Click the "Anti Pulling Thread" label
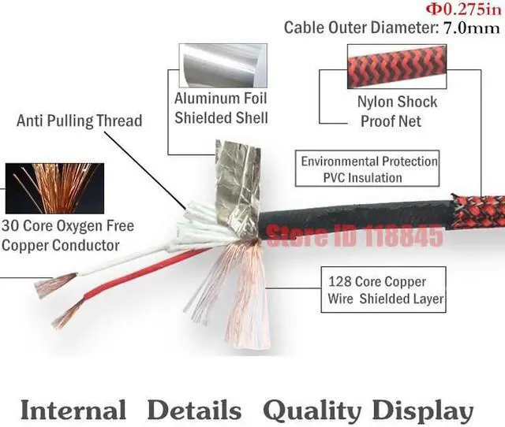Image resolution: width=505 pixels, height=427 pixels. [x=79, y=121]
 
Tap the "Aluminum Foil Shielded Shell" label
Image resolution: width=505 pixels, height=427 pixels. [x=221, y=109]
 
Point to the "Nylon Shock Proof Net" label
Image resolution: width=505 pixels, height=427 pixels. [x=397, y=111]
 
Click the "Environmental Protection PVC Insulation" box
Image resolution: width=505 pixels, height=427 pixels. [x=368, y=169]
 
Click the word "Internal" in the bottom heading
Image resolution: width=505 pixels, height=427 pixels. [x=73, y=410]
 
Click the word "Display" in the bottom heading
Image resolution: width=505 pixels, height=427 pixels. [x=423, y=410]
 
